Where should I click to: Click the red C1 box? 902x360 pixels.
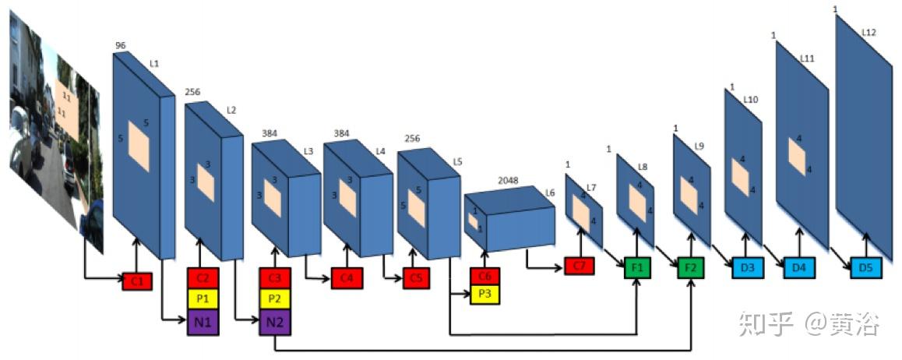click(x=137, y=281)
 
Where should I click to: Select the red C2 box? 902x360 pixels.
click(x=203, y=277)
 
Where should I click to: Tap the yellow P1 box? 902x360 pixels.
click(x=203, y=298)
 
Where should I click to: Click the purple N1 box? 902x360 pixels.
click(x=203, y=322)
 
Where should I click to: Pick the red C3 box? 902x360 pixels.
click(x=275, y=277)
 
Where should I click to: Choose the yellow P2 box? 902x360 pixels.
click(x=275, y=298)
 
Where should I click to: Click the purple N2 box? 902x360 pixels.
click(x=275, y=322)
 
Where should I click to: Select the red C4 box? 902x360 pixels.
click(x=347, y=278)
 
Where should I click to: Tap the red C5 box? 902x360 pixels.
click(x=417, y=278)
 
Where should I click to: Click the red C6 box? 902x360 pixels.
click(x=484, y=277)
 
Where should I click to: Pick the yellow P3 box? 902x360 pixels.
click(x=484, y=294)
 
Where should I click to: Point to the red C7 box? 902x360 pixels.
click(x=579, y=266)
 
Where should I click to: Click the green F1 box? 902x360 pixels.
click(x=637, y=267)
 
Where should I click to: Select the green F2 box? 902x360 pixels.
click(x=690, y=267)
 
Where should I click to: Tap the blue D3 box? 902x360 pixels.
click(x=748, y=268)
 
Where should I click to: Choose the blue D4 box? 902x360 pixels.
click(x=799, y=268)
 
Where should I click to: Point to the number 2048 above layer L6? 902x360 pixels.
click(x=508, y=181)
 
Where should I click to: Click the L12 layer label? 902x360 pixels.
click(x=869, y=32)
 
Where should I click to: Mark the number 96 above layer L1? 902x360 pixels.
click(x=120, y=46)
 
